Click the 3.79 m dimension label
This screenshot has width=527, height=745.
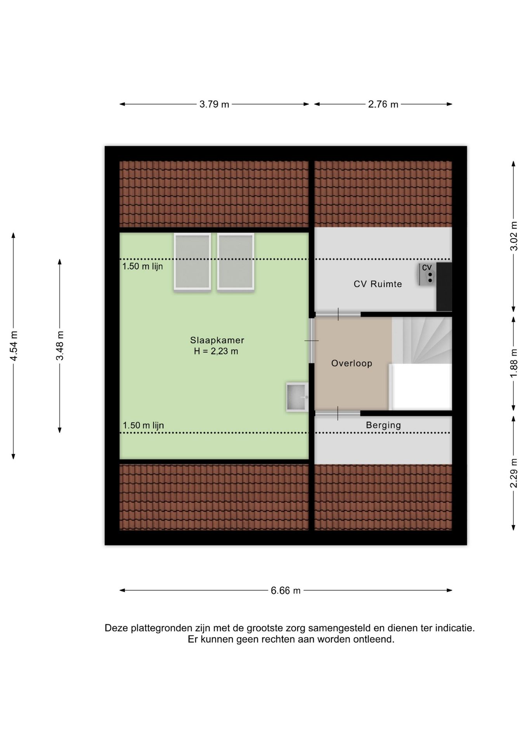(214, 104)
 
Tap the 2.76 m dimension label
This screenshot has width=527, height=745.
(383, 104)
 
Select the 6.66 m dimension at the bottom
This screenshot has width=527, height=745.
(286, 591)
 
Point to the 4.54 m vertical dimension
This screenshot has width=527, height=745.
(14, 346)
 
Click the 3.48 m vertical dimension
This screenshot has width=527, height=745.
(60, 346)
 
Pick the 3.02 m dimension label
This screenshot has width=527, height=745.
(514, 236)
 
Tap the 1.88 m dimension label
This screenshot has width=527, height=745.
(514, 363)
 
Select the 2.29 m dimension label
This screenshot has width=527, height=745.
(514, 473)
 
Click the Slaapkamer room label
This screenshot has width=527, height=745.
(217, 340)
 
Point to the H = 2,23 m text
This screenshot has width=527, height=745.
(216, 352)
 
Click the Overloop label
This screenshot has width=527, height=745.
(352, 364)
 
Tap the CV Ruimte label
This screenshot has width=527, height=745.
(378, 284)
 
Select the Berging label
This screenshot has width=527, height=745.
(383, 425)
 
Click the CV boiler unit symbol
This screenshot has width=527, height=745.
(427, 274)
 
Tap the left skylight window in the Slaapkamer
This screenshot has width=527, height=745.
(192, 261)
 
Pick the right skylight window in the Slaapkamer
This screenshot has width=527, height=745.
(236, 261)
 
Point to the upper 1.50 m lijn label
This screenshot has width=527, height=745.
(142, 267)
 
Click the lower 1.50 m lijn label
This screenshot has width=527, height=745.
(143, 426)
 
